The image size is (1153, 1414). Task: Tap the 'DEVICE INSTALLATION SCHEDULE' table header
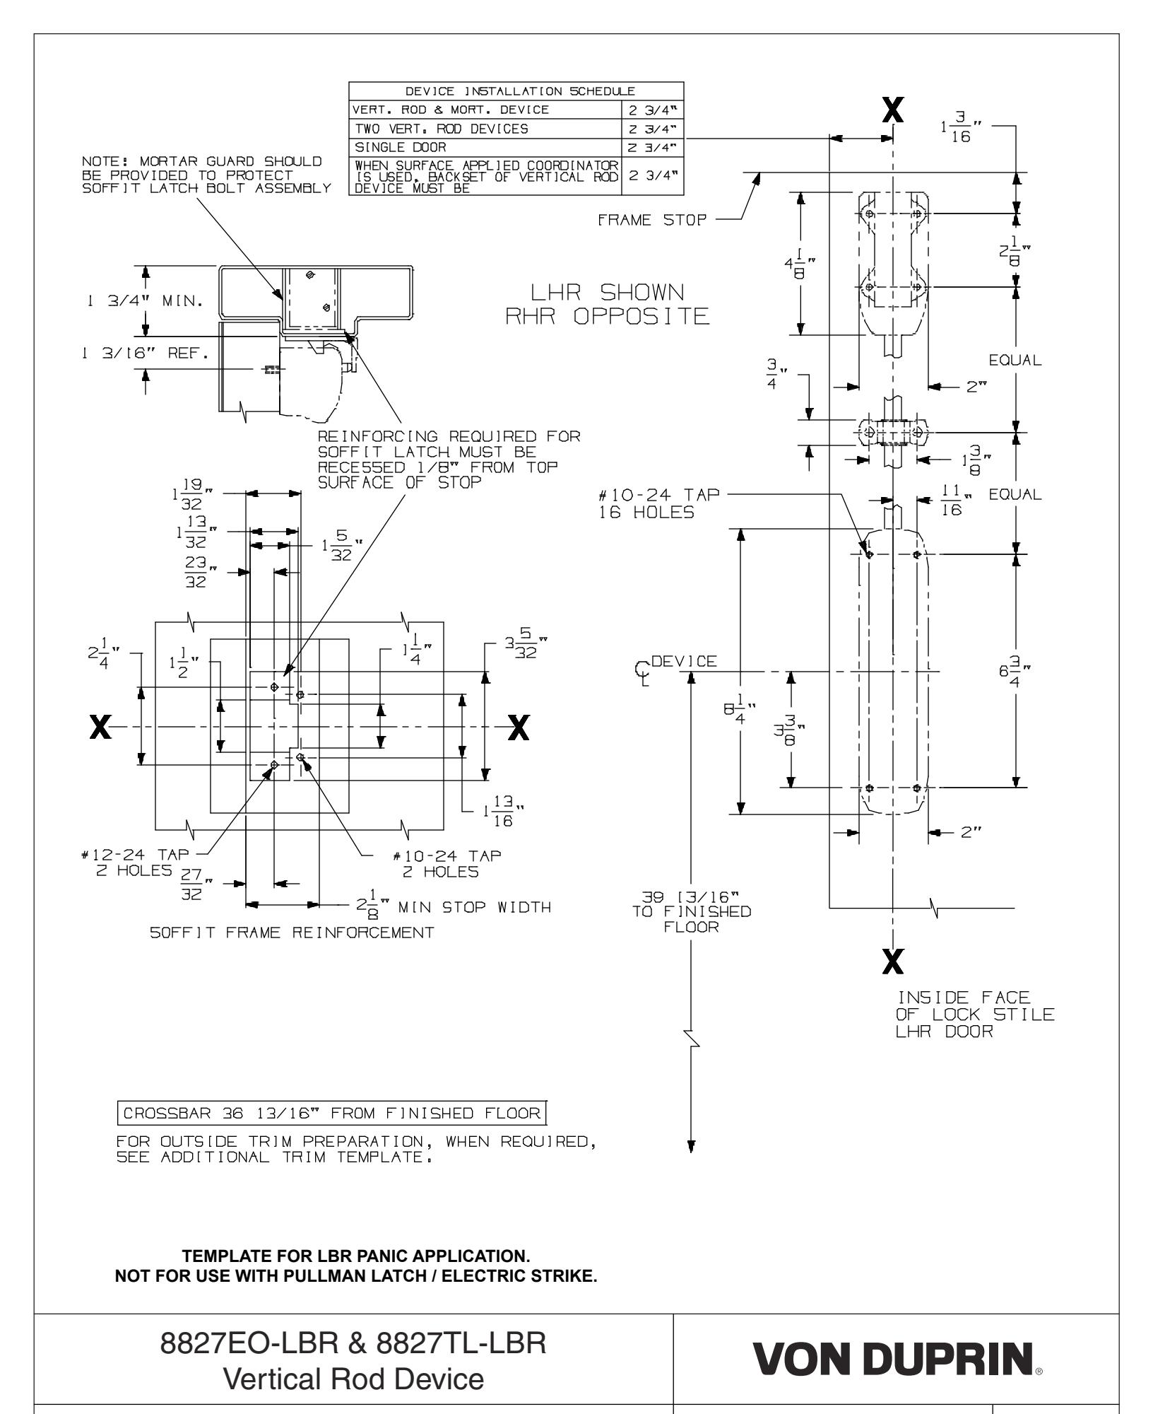[x=516, y=91]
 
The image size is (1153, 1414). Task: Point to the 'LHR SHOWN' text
[x=608, y=292]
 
